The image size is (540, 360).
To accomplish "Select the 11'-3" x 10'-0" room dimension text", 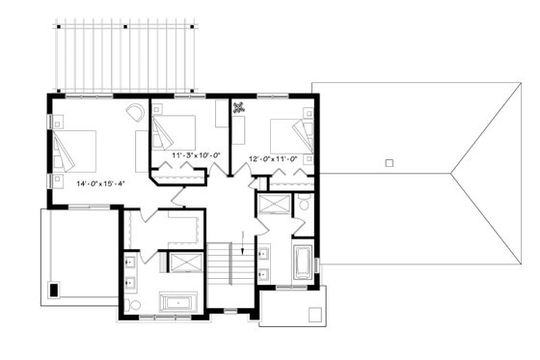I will point(196,154).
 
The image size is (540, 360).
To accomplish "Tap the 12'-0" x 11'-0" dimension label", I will point(274,159).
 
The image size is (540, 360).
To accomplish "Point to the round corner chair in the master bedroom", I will point(135,113).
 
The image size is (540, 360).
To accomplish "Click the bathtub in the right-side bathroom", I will point(303,262).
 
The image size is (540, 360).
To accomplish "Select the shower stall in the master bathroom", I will point(183,263).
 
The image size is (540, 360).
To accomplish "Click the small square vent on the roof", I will point(388,163).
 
